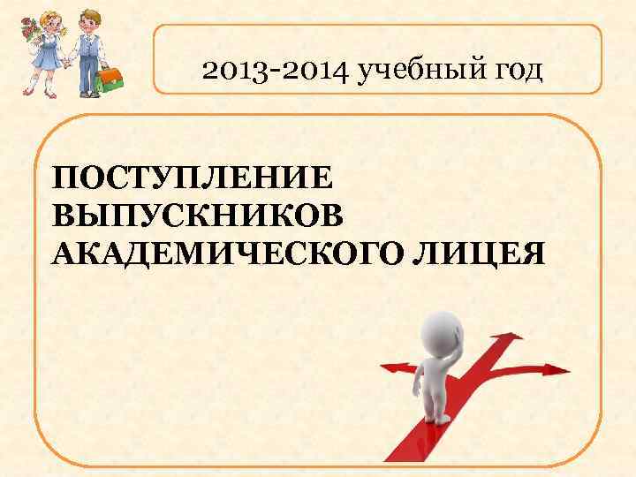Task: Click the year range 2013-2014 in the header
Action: click(276, 70)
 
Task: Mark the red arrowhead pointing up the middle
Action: click(504, 336)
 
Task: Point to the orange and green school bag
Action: click(109, 79)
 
